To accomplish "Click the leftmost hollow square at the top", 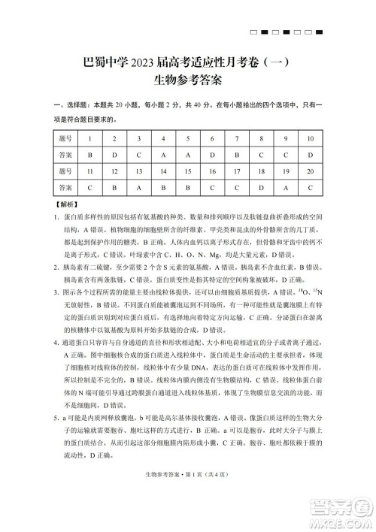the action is point(254,32).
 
